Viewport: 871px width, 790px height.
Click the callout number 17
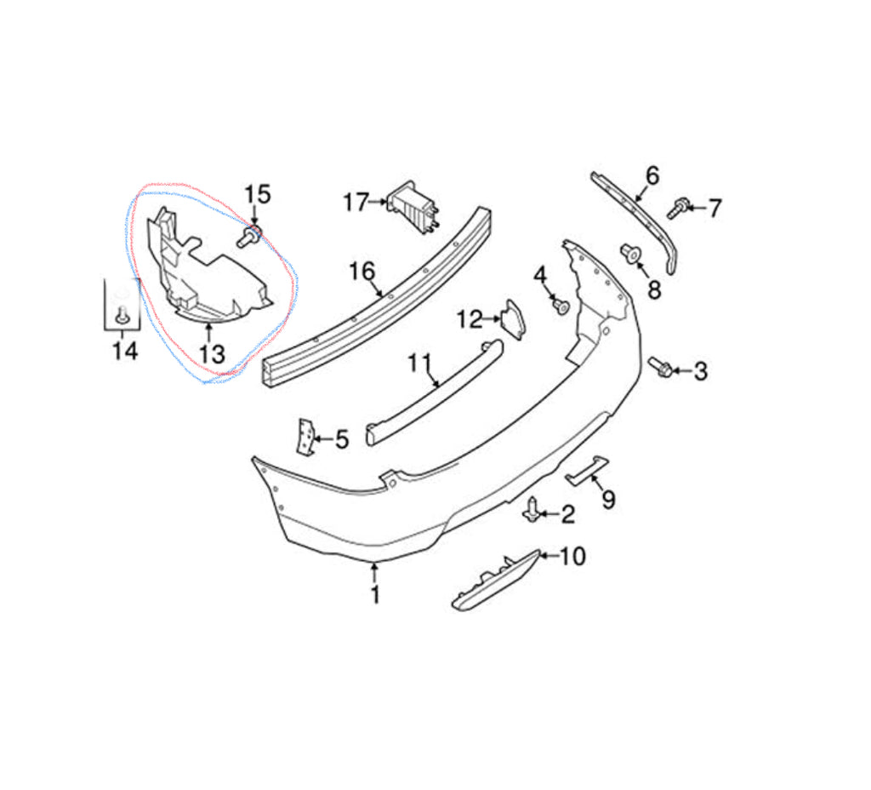[356, 203]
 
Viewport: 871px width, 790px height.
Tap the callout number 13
[212, 354]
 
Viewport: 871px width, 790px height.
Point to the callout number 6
[652, 175]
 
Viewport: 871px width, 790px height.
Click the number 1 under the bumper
[375, 594]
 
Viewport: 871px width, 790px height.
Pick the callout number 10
[573, 556]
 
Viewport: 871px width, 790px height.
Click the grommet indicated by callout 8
[630, 253]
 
